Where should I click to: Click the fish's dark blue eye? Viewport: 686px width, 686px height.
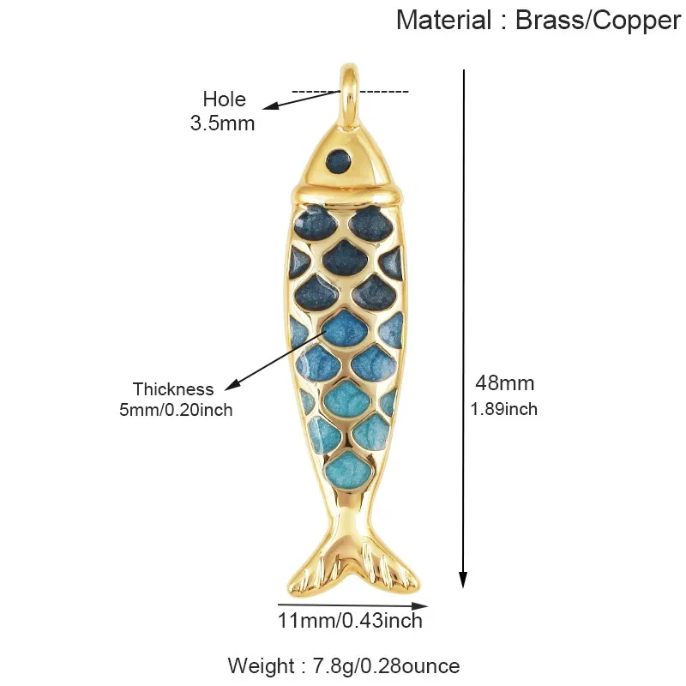click(339, 160)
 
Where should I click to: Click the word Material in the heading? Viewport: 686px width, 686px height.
click(443, 20)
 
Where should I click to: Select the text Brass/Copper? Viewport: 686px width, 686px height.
click(598, 21)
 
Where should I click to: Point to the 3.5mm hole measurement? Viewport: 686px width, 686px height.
click(222, 123)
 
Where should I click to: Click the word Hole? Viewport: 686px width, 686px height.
click(224, 99)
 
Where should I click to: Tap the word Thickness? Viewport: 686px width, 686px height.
click(173, 389)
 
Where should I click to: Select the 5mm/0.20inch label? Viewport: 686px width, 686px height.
click(176, 410)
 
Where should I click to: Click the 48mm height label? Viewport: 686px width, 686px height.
click(505, 383)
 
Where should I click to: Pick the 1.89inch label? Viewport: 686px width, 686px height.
click(504, 410)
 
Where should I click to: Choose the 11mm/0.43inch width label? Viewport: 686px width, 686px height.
click(350, 621)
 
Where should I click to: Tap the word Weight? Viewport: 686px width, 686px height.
click(261, 666)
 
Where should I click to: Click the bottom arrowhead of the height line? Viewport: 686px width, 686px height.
click(463, 581)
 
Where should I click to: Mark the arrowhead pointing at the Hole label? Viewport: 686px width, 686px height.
click(270, 105)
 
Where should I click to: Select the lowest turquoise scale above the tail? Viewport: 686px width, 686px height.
click(348, 470)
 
